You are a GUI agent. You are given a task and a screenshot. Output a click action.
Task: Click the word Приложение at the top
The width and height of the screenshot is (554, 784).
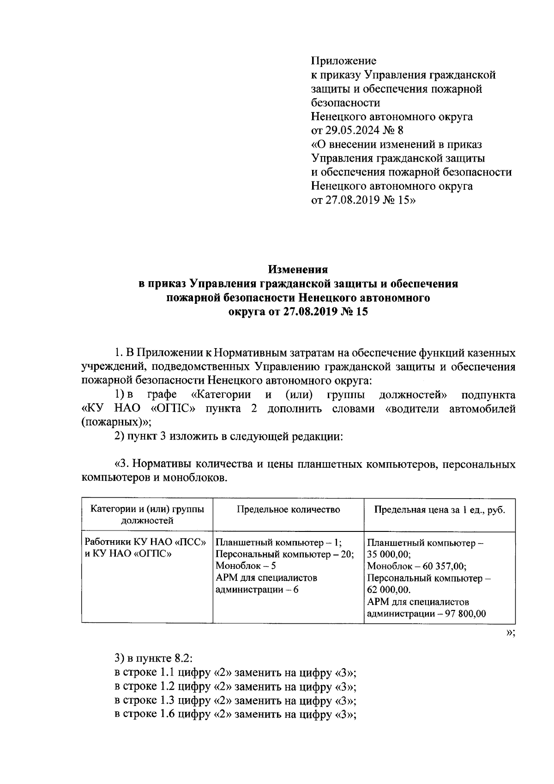click(343, 60)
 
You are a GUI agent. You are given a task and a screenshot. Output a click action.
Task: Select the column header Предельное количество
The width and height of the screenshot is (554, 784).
click(288, 510)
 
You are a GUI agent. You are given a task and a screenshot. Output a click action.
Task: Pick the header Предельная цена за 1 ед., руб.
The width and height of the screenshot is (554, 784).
click(440, 510)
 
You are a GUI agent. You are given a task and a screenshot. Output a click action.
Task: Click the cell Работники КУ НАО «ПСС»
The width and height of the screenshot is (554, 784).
click(145, 543)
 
